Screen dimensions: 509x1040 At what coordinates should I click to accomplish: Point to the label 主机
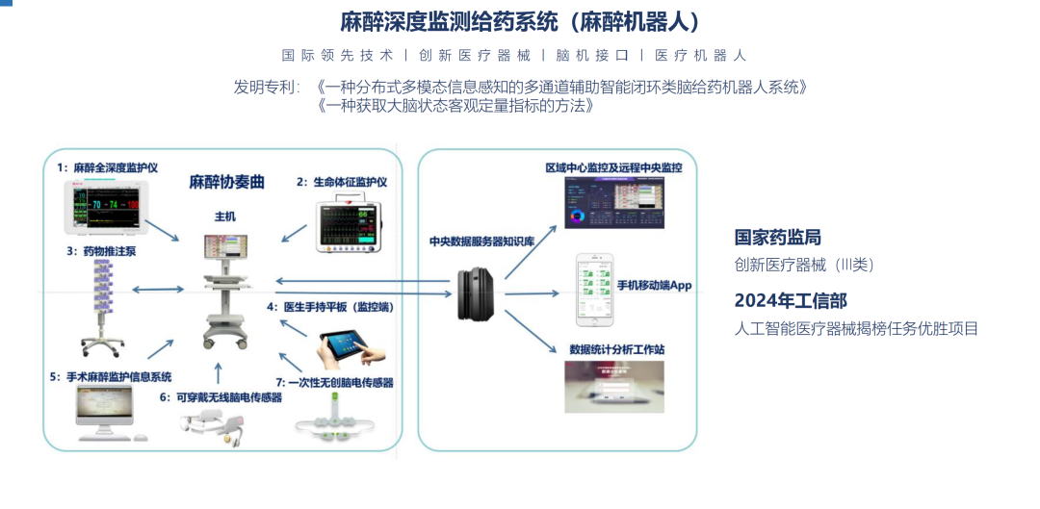[223, 217]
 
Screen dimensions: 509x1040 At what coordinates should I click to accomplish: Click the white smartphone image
[594, 289]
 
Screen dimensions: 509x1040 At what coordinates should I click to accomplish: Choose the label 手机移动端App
[654, 286]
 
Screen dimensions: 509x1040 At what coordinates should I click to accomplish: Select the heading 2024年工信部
[791, 300]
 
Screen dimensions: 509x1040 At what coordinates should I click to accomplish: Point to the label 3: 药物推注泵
[102, 251]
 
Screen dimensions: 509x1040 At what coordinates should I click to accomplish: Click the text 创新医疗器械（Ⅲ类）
[804, 265]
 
